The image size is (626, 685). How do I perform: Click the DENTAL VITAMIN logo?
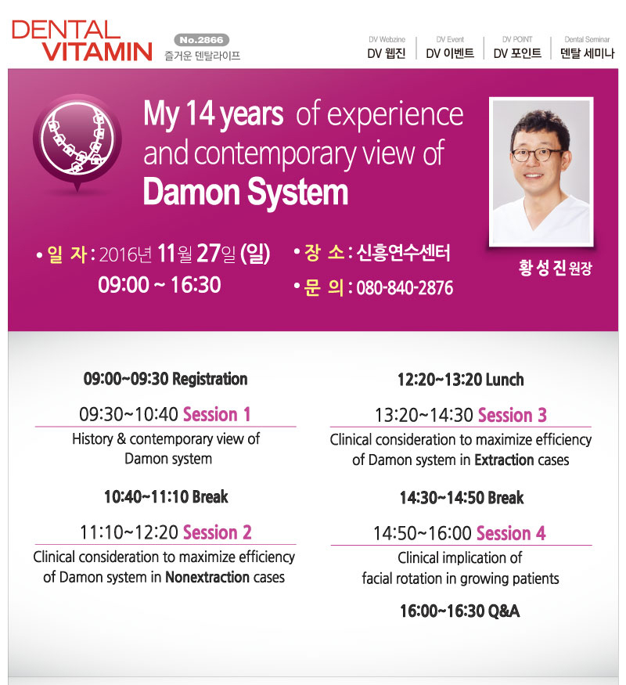pos(82,41)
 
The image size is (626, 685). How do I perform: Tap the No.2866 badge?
pos(202,40)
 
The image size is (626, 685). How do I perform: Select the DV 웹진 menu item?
pos(387,53)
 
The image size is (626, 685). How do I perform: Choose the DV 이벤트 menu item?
pos(450,53)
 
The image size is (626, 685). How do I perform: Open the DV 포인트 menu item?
pos(517,53)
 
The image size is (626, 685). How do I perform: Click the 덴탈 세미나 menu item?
pos(587,53)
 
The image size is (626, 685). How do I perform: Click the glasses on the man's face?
pos(537,154)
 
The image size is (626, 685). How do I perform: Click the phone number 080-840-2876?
pos(405,288)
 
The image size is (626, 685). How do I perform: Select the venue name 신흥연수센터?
pos(403,253)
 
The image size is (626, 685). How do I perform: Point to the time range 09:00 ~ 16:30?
pos(160,285)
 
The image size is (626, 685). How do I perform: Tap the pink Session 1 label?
pos(217,414)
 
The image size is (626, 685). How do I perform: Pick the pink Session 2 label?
pos(217,532)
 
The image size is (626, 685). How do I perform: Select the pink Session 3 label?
pos(512,415)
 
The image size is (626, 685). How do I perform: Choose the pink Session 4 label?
pos(511,533)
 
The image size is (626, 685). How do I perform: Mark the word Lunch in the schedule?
pos(504,380)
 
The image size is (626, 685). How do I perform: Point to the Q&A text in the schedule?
pos(503,611)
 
